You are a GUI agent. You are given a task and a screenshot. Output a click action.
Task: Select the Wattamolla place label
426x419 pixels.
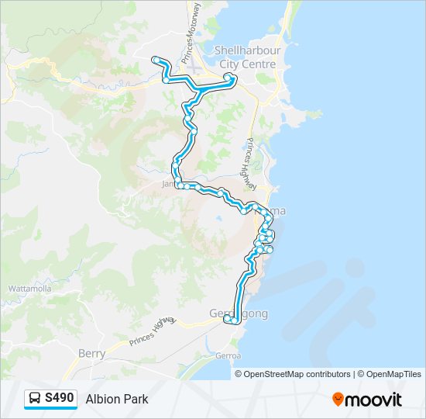(x=29, y=289)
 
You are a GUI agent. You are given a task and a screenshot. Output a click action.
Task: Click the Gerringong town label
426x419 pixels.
(x=239, y=313)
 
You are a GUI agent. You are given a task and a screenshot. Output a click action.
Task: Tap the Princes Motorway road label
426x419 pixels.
(x=191, y=33)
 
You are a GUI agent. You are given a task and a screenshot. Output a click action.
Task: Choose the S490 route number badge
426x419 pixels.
(x=59, y=399)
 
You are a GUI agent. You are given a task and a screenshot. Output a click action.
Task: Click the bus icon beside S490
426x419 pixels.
(x=35, y=399)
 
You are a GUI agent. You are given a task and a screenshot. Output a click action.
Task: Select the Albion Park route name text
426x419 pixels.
(x=117, y=400)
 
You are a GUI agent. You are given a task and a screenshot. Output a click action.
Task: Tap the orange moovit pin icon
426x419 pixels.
(x=338, y=400)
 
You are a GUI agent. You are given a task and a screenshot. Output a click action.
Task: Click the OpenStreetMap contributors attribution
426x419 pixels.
(x=297, y=374)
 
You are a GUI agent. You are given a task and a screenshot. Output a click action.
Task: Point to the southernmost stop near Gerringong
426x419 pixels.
(x=233, y=321)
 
